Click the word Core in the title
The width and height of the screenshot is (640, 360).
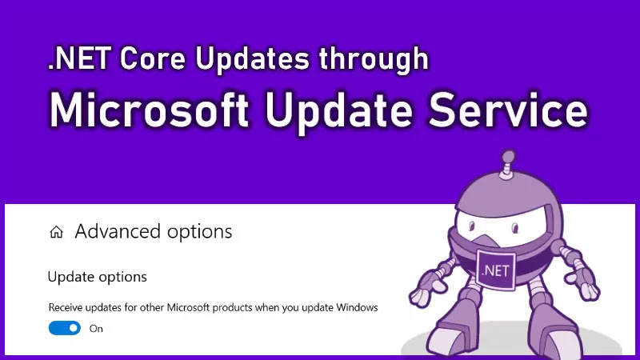coord(153,58)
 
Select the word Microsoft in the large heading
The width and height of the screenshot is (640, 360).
coord(150,110)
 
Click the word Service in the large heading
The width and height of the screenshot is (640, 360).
coord(508,110)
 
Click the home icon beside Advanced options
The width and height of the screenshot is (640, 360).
coord(56,232)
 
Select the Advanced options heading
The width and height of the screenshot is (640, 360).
coord(154,232)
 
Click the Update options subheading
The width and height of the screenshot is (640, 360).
coord(97,277)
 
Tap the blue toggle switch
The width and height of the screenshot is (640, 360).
coord(65,328)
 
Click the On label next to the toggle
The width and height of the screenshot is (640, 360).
coord(96,329)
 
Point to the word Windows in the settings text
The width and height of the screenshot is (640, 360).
coord(357,307)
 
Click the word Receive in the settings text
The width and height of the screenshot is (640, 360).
coord(64,307)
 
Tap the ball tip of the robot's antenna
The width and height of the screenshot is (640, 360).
coord(509,157)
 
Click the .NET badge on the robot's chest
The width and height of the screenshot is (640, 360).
coord(495,270)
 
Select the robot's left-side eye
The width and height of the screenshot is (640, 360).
coord(472,226)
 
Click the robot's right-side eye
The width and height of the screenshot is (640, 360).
coord(515,228)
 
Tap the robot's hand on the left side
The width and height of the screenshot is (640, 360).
coord(426,287)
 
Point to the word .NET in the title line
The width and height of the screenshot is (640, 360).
coord(79,58)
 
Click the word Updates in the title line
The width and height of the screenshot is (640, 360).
coord(252,60)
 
